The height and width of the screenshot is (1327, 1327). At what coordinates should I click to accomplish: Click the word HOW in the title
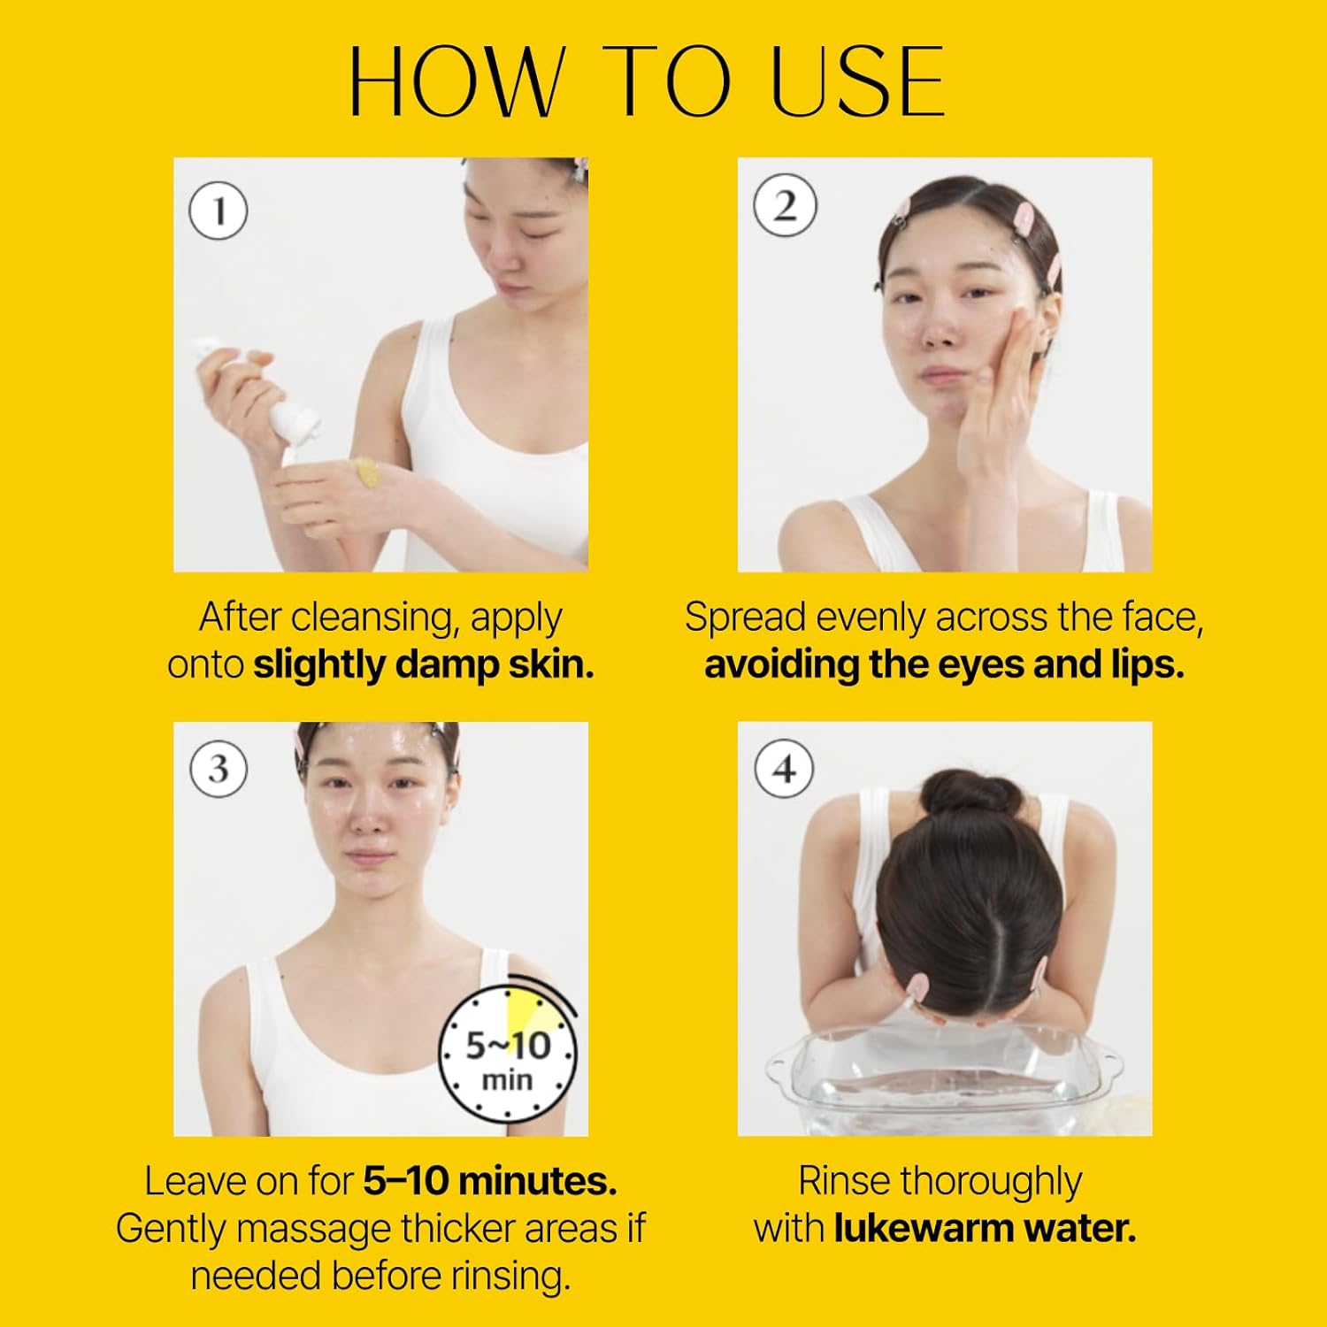[456, 81]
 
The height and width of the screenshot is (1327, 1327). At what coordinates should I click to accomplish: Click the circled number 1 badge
[219, 211]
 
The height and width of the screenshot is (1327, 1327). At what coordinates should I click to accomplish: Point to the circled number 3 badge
[219, 769]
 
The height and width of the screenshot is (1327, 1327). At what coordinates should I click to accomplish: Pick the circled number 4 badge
[785, 769]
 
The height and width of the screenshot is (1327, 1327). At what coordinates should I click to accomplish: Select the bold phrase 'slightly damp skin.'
[424, 665]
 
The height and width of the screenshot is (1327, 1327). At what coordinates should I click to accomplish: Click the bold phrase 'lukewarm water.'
[985, 1228]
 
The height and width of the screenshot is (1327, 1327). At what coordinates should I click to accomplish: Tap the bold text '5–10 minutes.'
[490, 1181]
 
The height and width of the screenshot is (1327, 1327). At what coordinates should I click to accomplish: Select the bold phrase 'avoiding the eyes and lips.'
[944, 665]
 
